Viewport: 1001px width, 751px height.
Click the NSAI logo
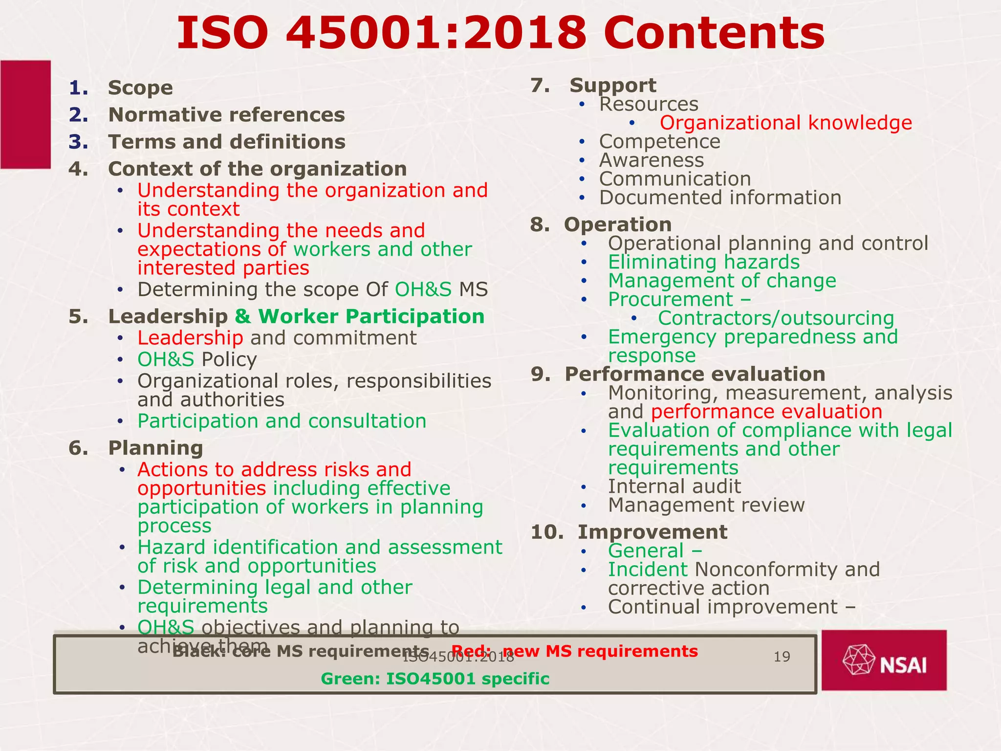(x=884, y=660)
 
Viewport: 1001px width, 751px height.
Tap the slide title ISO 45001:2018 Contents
(x=500, y=33)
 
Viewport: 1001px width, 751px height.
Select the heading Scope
(x=140, y=88)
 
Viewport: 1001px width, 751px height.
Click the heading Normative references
(x=226, y=115)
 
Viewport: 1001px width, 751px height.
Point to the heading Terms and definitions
(x=227, y=142)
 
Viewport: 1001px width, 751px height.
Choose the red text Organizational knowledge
(x=785, y=123)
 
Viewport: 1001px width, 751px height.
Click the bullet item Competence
(x=659, y=142)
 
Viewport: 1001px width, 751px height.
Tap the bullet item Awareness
(x=652, y=160)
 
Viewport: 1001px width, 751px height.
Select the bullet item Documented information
(x=720, y=198)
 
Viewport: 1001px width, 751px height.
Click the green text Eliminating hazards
(x=703, y=262)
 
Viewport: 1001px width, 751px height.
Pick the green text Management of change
(x=722, y=281)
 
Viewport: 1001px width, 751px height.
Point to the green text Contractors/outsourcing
(x=776, y=318)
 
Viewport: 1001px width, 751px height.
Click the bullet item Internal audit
(x=674, y=486)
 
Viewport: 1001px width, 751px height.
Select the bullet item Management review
(x=706, y=505)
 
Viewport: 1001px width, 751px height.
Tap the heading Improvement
(x=652, y=532)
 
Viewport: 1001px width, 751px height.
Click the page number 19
(x=782, y=657)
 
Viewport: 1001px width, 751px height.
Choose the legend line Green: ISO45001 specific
(x=435, y=679)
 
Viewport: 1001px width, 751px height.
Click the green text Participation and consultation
(x=282, y=421)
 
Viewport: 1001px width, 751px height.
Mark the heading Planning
(x=155, y=448)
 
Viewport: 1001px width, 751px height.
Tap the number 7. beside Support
(x=540, y=86)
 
